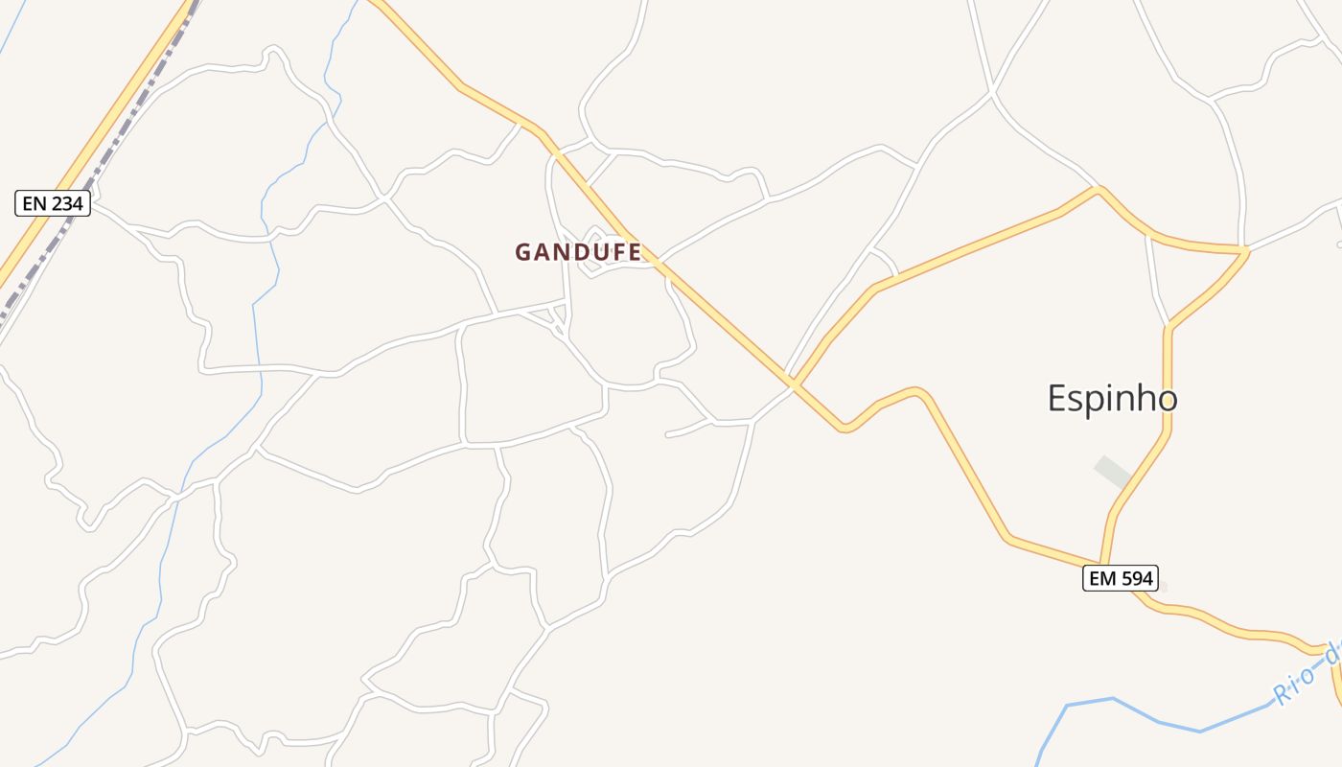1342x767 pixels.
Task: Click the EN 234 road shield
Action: point(54,203)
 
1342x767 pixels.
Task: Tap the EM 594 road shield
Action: point(1121,578)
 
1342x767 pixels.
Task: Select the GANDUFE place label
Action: point(578,252)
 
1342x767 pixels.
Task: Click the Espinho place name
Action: point(1112,398)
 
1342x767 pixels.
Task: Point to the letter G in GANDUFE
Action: point(523,252)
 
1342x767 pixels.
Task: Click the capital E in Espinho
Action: point(1057,398)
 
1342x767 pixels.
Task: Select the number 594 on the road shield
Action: point(1136,578)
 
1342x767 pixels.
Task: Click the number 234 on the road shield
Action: point(66,203)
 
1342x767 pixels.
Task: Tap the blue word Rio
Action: point(1293,681)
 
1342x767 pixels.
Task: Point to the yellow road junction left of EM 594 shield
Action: point(1102,564)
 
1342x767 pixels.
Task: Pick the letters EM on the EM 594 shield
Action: point(1101,578)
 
